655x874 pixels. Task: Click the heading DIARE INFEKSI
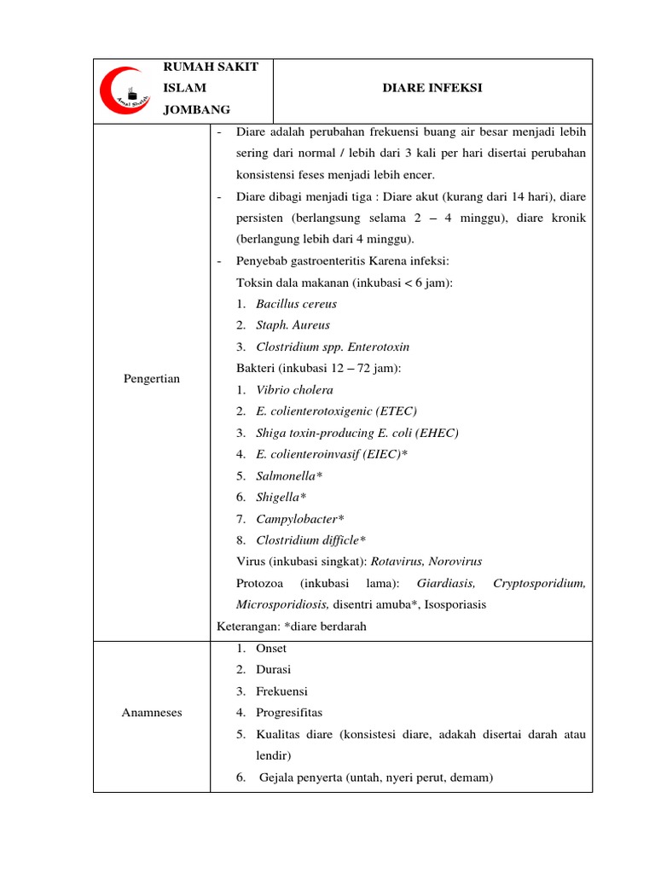click(x=432, y=87)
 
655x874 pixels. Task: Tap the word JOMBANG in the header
click(x=196, y=108)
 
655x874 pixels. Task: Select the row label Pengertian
click(x=151, y=378)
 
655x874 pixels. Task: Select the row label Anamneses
click(x=151, y=713)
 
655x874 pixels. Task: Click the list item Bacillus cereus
click(x=296, y=304)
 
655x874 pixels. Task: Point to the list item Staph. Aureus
click(x=293, y=325)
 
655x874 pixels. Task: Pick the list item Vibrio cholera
click(x=294, y=390)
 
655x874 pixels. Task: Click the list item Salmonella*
click(x=289, y=475)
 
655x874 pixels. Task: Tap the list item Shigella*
click(x=281, y=497)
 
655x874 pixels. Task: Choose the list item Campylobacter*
click(x=300, y=519)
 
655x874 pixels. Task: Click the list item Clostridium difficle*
click(x=310, y=540)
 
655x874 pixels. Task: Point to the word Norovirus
click(x=455, y=562)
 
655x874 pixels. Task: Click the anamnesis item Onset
click(x=271, y=649)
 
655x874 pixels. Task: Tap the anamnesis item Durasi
click(x=273, y=670)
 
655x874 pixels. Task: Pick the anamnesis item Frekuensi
click(x=281, y=691)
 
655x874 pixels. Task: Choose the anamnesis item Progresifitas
click(x=289, y=713)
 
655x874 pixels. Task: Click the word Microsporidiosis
click(x=282, y=604)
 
